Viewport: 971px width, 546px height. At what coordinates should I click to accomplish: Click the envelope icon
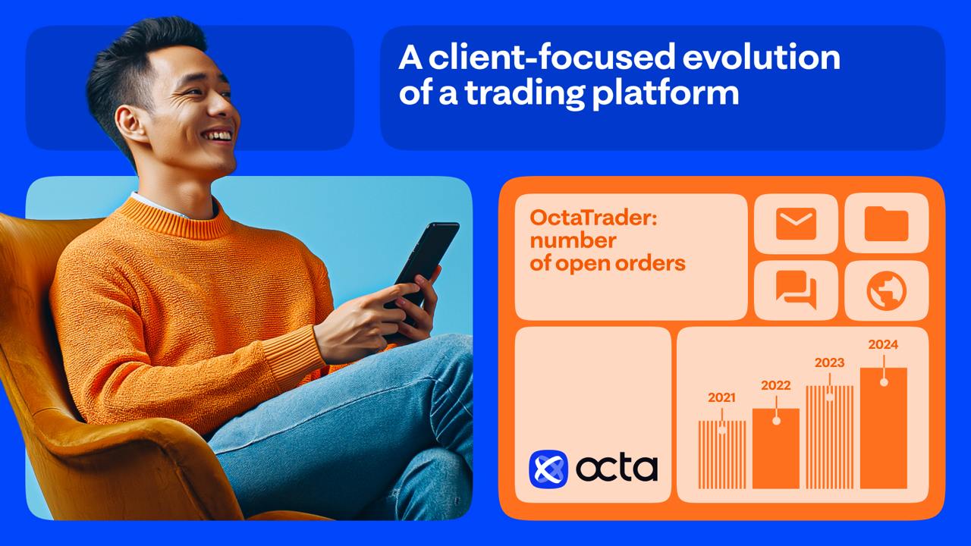[796, 224]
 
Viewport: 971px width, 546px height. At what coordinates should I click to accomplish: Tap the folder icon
[886, 224]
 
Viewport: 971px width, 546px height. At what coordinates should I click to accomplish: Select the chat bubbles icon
[796, 290]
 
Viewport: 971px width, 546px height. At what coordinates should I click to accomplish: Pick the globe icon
[886, 290]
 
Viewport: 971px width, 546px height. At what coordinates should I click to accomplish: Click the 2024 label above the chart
[883, 344]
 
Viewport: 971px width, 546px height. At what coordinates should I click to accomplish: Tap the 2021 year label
[721, 397]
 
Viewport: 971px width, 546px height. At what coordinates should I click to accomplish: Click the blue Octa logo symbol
[548, 468]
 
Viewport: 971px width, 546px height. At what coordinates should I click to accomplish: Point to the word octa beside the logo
[616, 468]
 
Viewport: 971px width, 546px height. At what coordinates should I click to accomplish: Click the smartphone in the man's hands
[426, 262]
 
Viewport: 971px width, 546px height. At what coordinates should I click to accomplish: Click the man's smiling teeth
[217, 136]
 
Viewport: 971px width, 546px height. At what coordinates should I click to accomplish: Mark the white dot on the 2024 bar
[884, 382]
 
